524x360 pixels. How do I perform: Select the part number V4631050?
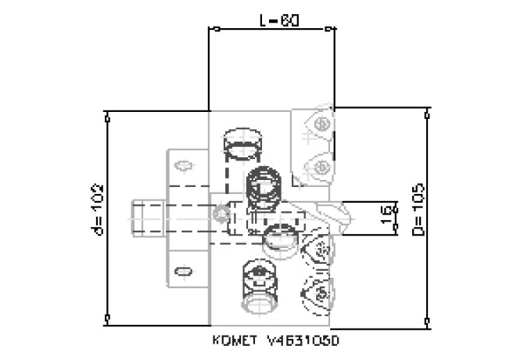(305, 341)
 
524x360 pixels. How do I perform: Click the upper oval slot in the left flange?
(185, 165)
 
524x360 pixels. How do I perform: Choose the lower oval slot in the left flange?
(184, 271)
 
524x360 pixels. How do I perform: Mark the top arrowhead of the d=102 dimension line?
(107, 117)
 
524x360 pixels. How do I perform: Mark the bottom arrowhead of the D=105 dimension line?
(427, 322)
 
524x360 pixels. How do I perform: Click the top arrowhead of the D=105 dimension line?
(427, 114)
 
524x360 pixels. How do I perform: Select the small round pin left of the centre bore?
(224, 212)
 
